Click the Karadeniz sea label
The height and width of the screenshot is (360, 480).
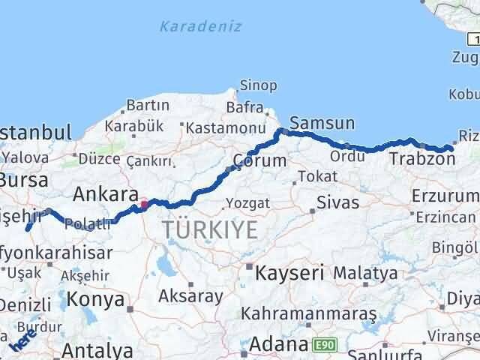(200, 26)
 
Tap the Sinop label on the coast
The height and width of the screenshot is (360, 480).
(258, 85)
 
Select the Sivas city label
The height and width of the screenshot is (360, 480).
(337, 202)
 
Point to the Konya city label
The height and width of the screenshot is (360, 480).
(95, 299)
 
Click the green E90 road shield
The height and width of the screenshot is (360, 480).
(322, 344)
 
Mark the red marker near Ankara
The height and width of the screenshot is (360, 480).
(143, 203)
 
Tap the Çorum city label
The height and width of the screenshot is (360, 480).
(259, 160)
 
